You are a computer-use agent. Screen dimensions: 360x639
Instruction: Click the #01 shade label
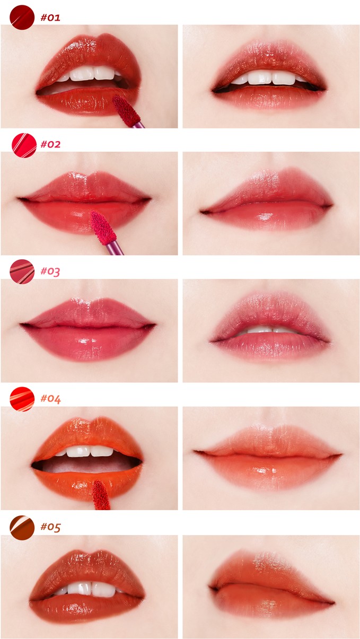[50, 17]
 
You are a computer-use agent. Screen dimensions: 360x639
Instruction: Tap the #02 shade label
[50, 144]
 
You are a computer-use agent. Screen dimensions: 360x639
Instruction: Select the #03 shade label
[50, 271]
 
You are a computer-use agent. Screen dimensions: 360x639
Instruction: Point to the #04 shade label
[50, 399]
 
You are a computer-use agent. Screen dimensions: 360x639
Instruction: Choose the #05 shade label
[50, 527]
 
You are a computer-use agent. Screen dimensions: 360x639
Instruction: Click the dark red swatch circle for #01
[22, 17]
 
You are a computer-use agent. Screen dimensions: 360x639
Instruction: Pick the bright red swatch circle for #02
[24, 145]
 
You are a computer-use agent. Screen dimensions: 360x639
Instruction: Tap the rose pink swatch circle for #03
[22, 272]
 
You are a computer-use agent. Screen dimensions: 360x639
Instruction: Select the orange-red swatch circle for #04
[22, 399]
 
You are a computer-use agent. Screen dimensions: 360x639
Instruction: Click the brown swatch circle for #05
[22, 528]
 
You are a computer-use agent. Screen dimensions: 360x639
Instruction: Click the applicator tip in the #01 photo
[126, 110]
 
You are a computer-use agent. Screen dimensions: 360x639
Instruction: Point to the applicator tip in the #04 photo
[101, 494]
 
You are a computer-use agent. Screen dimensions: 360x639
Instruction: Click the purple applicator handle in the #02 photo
[115, 248]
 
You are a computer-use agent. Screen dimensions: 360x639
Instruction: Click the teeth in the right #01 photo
[269, 78]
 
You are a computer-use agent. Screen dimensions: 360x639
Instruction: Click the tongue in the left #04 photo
[85, 465]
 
